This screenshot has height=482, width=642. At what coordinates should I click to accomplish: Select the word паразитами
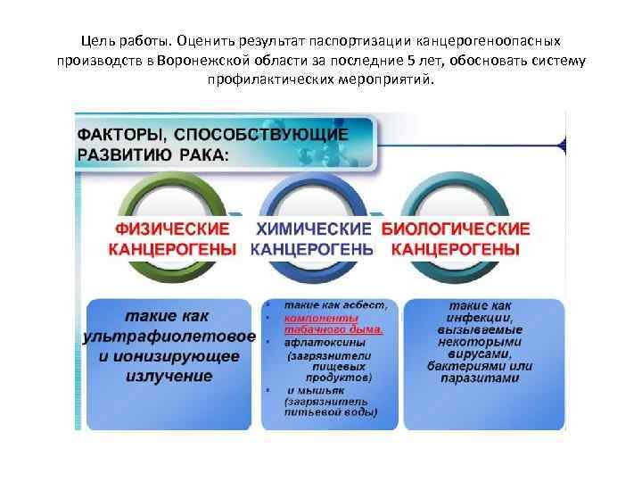[x=486, y=378]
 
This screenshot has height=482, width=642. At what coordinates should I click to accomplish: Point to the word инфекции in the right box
[x=486, y=317]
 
